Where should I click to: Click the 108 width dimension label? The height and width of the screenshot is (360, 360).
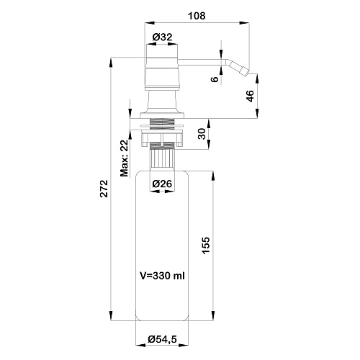[x=197, y=16]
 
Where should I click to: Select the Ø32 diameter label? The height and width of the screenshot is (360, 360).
[x=163, y=37]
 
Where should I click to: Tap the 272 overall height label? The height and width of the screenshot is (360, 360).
[x=104, y=189]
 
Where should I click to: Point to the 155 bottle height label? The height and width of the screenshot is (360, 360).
[x=206, y=246]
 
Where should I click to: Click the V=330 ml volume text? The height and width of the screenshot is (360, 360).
[x=163, y=276]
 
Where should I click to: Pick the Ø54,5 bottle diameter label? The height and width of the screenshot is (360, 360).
[x=163, y=339]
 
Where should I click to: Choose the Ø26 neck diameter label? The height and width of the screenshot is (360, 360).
[x=162, y=184]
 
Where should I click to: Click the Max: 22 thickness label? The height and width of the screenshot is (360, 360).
[x=125, y=158]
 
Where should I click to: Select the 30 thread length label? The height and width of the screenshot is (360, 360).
[x=202, y=134]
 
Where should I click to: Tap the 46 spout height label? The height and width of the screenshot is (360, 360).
[x=250, y=96]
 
